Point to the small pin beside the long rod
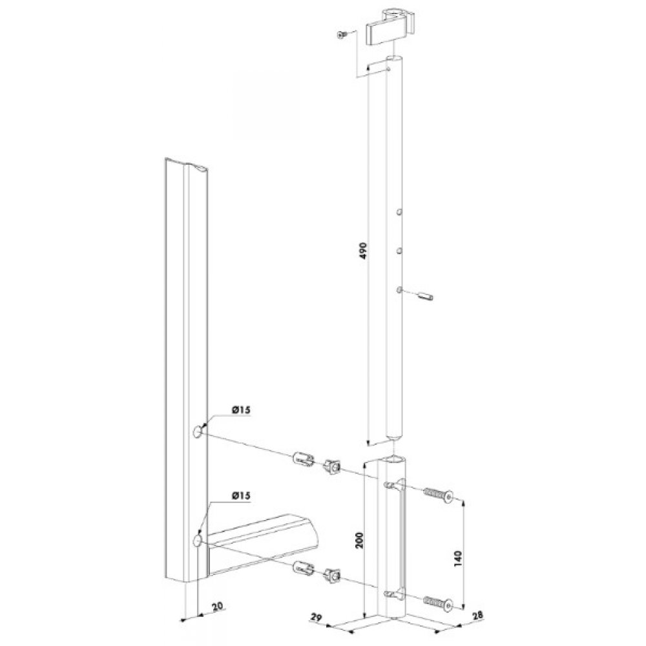point(425,297)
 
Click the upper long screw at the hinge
point(438,496)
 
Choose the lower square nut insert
point(333,573)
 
